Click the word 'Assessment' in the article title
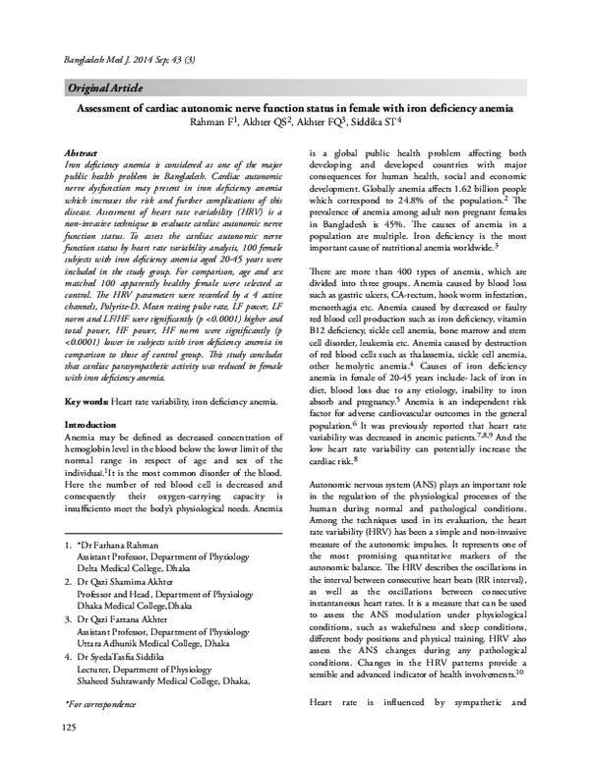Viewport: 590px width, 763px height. pos(119,109)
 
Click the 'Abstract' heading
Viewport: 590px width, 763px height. pos(81,154)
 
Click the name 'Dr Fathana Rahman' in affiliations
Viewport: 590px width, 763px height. pos(128,544)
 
